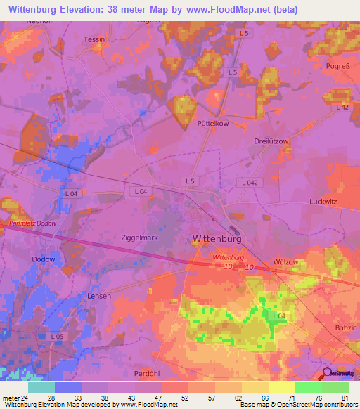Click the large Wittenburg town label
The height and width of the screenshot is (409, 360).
coord(217,240)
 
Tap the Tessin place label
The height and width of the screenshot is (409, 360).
coord(94,39)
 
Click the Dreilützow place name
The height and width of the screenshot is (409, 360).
coord(271,141)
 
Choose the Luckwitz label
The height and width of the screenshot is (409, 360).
coord(324,202)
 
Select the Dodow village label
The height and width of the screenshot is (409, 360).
coord(44,259)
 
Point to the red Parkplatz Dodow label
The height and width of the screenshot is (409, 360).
coord(31,223)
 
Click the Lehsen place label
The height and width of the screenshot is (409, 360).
coord(98,297)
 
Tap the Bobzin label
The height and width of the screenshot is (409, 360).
coord(345,329)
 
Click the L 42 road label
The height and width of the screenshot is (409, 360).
coord(342,107)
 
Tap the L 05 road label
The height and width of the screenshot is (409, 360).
coord(58,337)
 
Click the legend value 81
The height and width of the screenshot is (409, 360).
coord(345,397)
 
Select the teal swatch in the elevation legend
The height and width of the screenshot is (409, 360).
coord(41,387)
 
